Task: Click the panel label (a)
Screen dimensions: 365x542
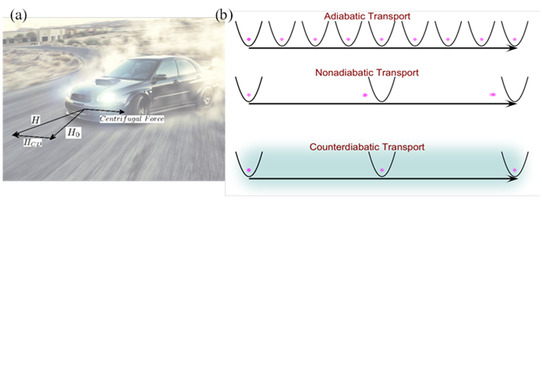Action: coord(18,15)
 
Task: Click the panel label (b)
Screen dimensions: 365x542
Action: coord(224,15)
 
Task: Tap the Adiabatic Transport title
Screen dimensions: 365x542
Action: coord(367,16)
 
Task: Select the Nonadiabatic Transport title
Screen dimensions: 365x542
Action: coord(367,72)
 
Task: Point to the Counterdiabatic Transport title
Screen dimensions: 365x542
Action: coord(367,147)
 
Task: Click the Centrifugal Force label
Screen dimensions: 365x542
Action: coord(132,119)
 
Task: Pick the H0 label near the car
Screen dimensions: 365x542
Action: coord(73,133)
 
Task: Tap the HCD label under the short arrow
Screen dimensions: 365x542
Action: coord(32,143)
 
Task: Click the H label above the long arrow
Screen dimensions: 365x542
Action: coord(35,120)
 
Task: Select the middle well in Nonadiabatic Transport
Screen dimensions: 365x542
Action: coord(381,89)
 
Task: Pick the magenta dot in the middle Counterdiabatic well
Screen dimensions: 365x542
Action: coord(382,170)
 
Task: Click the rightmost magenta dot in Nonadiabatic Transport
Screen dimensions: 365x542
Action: coord(493,94)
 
